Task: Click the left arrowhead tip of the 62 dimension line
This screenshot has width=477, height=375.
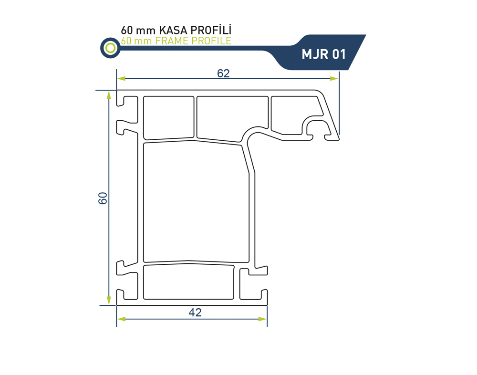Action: tap(117, 79)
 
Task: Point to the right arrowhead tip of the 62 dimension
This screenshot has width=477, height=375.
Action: tap(339, 79)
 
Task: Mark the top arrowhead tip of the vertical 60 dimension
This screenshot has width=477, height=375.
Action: tap(109, 91)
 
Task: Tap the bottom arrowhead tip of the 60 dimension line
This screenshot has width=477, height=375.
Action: tap(109, 305)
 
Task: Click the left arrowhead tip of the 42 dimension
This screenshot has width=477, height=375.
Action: tap(117, 319)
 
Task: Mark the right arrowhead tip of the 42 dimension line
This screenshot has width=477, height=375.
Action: tap(267, 319)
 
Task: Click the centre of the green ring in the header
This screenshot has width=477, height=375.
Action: tap(111, 48)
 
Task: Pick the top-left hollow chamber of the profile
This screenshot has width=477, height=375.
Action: tap(168, 117)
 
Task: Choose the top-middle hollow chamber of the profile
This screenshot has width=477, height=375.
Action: tap(232, 118)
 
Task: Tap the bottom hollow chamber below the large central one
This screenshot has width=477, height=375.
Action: tap(188, 282)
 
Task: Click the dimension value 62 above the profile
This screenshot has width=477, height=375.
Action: tap(223, 73)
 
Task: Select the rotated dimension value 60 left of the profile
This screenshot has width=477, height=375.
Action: tap(103, 198)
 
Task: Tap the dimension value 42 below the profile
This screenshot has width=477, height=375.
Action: tap(195, 312)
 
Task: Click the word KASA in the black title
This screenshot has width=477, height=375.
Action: tap(174, 30)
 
